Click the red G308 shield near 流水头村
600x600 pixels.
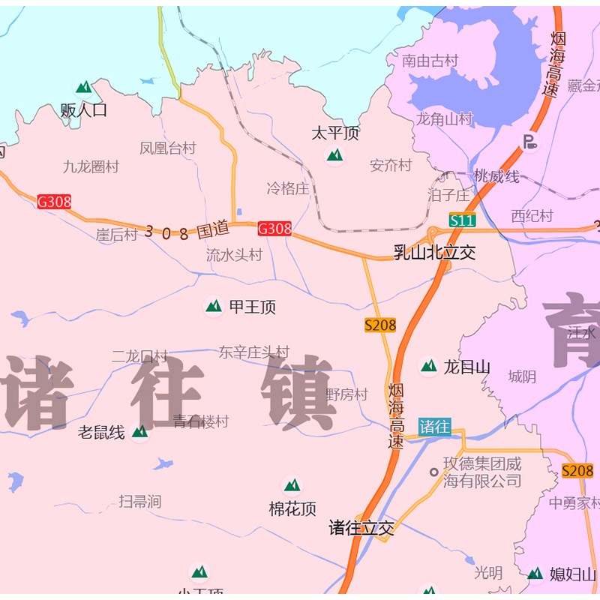(x=274, y=229)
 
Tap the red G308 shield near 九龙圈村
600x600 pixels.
(x=54, y=201)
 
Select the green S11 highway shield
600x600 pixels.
(x=462, y=220)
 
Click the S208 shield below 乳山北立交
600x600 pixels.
(x=380, y=325)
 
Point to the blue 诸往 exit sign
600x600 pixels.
(x=434, y=427)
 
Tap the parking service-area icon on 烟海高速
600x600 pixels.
(x=530, y=141)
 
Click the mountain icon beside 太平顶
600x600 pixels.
(x=334, y=155)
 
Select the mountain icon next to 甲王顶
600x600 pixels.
(x=214, y=306)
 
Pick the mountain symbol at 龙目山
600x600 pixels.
(x=428, y=366)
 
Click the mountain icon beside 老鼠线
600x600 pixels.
(x=139, y=431)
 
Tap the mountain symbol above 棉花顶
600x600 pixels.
(x=292, y=485)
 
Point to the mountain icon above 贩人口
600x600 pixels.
(x=84, y=87)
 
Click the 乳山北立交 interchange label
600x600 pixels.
(x=435, y=252)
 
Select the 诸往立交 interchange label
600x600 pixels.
(x=361, y=528)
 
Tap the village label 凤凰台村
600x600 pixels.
(x=167, y=148)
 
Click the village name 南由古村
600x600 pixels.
(x=430, y=61)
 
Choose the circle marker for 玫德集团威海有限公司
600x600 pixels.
(x=433, y=472)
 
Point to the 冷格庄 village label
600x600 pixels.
(x=288, y=188)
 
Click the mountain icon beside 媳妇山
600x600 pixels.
(x=535, y=574)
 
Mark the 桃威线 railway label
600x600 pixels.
(x=496, y=176)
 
